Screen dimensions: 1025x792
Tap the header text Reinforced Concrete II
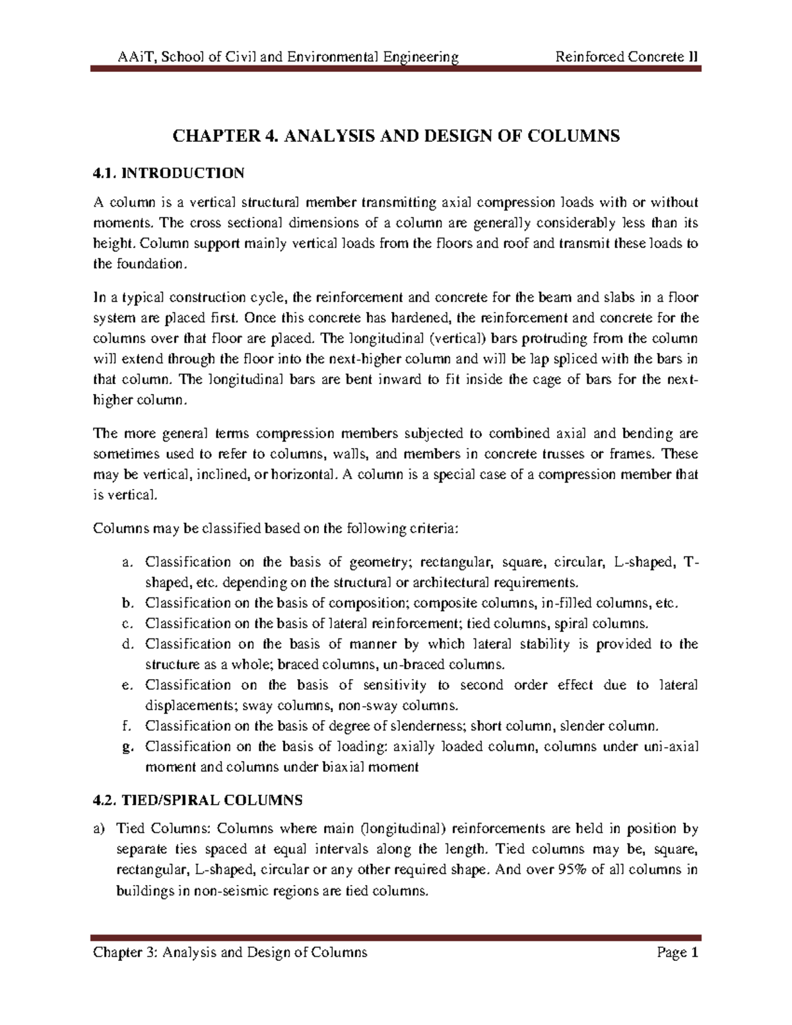(x=626, y=57)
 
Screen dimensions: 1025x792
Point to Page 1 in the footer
(x=677, y=952)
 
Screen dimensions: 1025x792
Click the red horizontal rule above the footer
(x=396, y=937)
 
